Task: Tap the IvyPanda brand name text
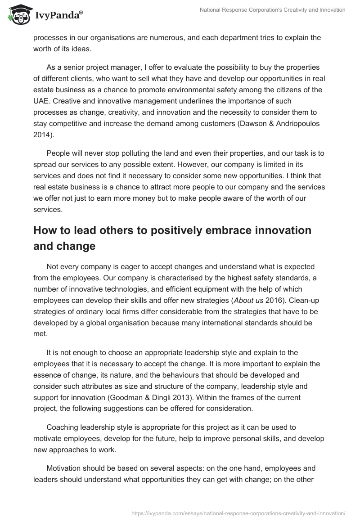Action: (58, 17)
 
